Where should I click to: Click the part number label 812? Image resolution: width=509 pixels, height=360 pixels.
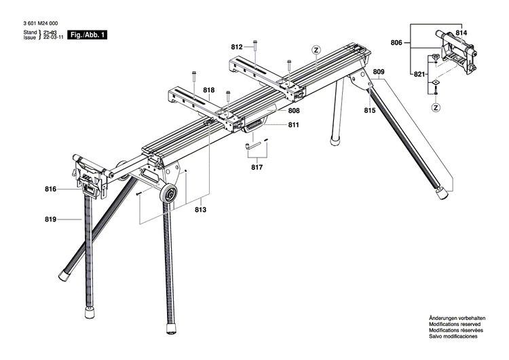(236, 47)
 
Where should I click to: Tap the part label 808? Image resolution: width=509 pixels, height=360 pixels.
(294, 111)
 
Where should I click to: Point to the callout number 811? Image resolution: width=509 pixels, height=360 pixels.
(294, 125)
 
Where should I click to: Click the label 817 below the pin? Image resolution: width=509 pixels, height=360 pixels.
(257, 167)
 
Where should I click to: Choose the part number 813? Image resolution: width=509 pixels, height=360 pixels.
(200, 210)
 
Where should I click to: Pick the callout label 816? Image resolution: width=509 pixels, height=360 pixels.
(50, 190)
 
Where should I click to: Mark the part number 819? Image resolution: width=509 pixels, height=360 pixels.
(50, 219)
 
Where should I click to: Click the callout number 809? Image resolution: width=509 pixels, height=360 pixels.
(379, 72)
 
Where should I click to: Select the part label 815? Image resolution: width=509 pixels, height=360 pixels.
(370, 111)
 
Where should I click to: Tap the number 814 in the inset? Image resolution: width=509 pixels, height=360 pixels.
(461, 32)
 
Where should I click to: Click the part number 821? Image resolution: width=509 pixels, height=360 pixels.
(420, 73)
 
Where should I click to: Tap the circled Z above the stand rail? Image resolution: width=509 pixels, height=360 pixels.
(316, 50)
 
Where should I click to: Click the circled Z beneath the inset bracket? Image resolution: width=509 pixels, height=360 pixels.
(436, 107)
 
